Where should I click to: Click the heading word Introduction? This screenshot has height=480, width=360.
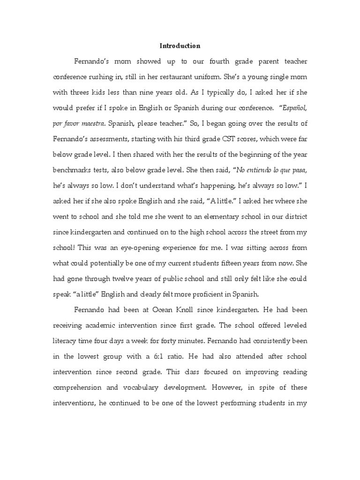(x=180, y=46)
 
